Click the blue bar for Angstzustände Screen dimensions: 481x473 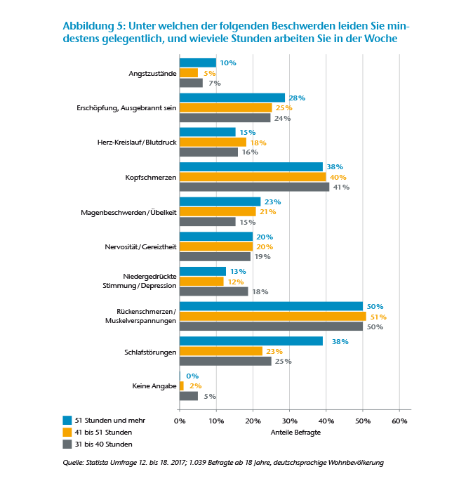[198, 62]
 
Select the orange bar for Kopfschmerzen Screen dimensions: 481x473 [253, 177]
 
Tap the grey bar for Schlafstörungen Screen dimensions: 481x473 [225, 361]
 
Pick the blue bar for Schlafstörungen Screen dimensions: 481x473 [251, 341]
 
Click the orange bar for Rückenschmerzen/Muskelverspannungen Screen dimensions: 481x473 [273, 316]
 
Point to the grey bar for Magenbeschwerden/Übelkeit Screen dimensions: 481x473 [208, 222]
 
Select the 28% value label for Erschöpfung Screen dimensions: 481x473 [297, 98]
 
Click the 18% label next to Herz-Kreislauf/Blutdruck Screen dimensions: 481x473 [258, 143]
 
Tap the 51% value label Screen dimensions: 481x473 [379, 317]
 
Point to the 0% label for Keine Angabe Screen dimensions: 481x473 [192, 376]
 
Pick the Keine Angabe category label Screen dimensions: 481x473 [153, 386]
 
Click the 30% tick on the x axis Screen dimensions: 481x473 [289, 420]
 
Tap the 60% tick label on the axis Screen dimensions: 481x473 [399, 420]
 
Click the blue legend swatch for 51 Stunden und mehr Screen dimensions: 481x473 [67, 419]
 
